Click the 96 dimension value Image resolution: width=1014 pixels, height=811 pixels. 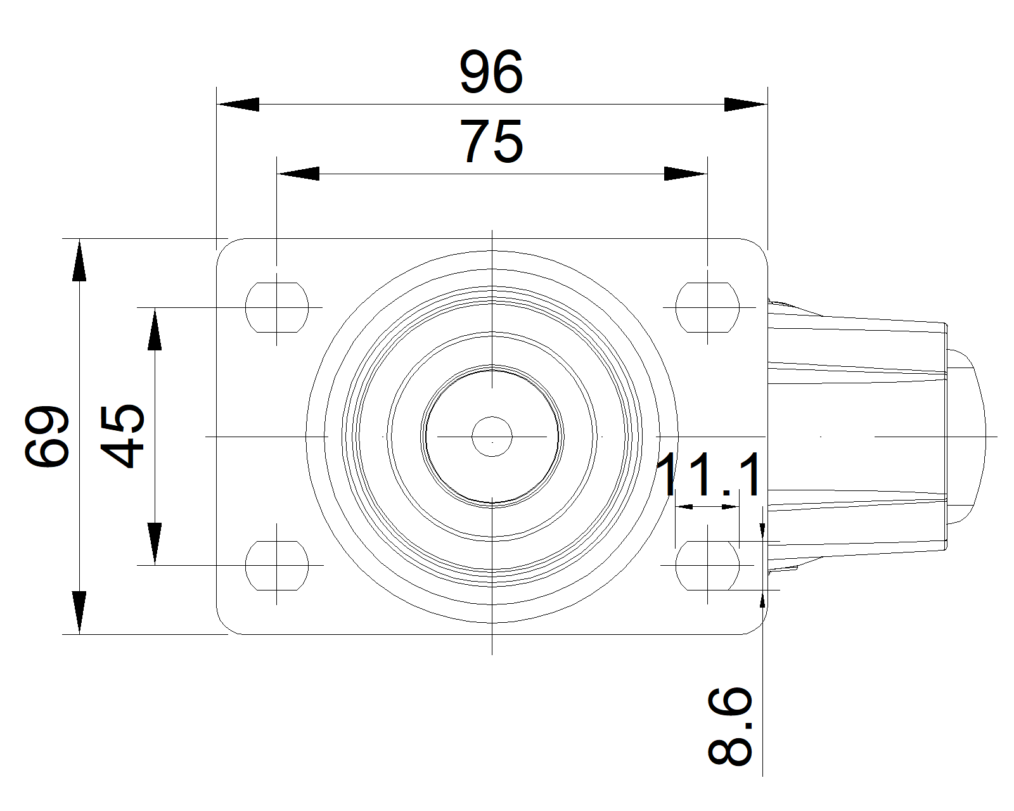pyautogui.click(x=491, y=72)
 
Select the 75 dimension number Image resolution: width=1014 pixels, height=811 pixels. pyautogui.click(x=491, y=141)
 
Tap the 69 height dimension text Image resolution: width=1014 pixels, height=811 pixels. pyautogui.click(x=47, y=436)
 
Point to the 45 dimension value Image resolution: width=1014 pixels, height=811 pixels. pyautogui.click(x=122, y=436)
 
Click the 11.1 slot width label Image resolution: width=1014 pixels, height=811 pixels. pyautogui.click(x=708, y=474)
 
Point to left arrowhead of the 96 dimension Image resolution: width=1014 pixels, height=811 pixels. pyautogui.click(x=238, y=104)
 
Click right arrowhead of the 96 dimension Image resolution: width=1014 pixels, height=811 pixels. pyautogui.click(x=745, y=104)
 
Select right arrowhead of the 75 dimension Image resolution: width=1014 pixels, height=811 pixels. pyautogui.click(x=686, y=174)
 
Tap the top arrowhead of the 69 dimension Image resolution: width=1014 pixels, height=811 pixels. pyautogui.click(x=79, y=260)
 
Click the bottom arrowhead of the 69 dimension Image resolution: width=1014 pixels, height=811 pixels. pyautogui.click(x=79, y=613)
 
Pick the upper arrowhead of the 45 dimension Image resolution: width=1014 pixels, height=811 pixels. pyautogui.click(x=155, y=329)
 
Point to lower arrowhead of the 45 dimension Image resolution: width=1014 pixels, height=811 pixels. pyautogui.click(x=155, y=544)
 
